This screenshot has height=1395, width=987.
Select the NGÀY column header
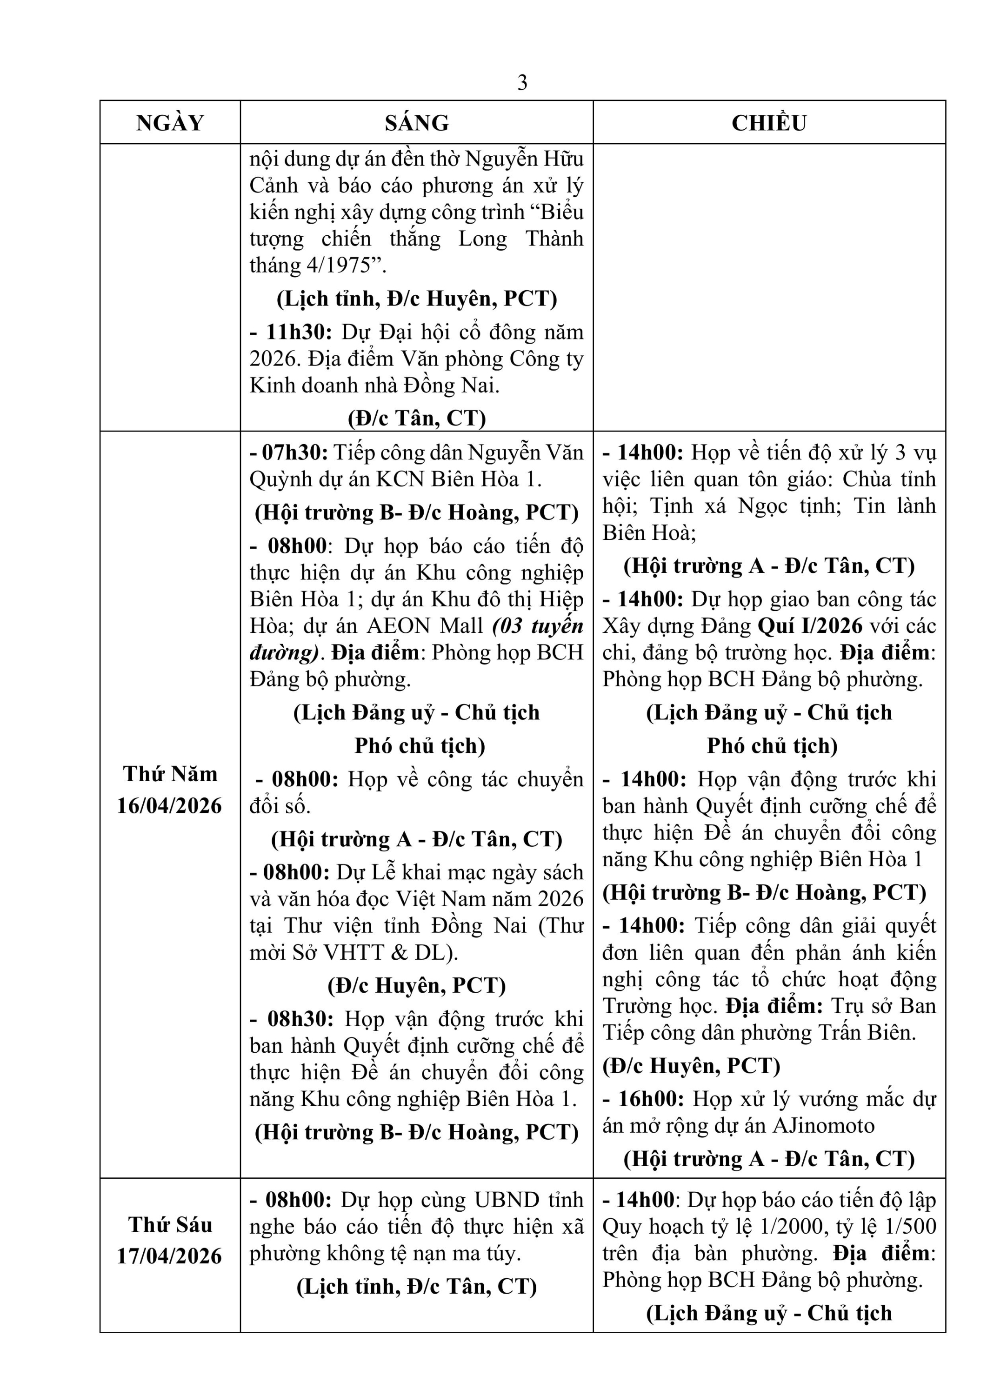click(x=170, y=123)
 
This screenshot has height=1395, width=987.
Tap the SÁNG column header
click(x=416, y=123)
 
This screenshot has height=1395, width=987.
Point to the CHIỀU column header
click(x=769, y=123)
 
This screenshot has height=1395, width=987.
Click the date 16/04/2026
click(x=170, y=806)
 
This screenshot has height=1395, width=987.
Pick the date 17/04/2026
click(x=170, y=1256)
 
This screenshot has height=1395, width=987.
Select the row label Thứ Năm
click(x=170, y=774)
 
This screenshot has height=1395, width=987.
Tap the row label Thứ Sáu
click(x=170, y=1225)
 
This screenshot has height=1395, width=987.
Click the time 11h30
click(x=299, y=332)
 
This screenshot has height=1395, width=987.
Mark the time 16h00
click(x=652, y=1099)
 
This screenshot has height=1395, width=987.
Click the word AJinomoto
click(x=824, y=1126)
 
